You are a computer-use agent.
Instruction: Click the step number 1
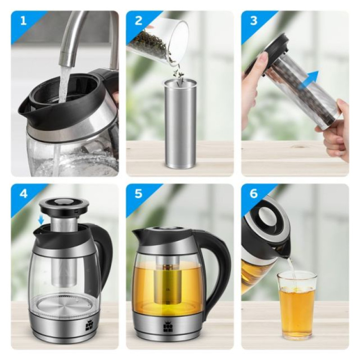pos(23,21)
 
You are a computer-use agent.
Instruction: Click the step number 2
pos(139,21)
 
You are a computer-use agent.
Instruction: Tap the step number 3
pos(253,21)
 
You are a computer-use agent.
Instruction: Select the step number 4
pos(23,193)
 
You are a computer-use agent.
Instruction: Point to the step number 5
pos(139,193)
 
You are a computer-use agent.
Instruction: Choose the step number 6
pos(253,193)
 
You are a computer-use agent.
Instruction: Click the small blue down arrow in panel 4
pos(41,220)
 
